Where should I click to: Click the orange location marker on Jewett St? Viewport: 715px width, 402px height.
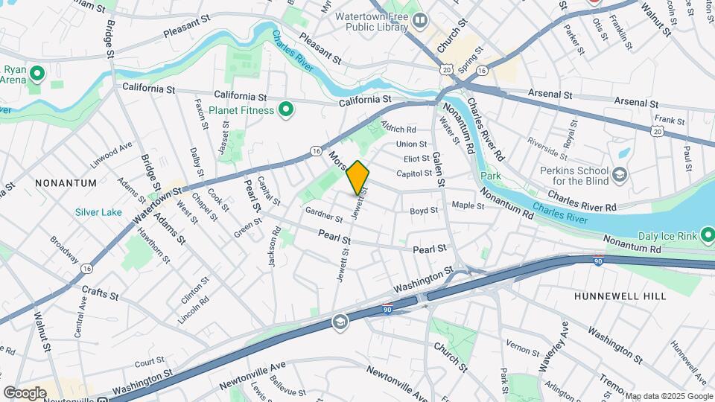[x=357, y=177]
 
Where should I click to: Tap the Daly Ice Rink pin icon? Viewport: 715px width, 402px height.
[x=708, y=236]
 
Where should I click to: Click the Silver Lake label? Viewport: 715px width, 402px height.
[x=98, y=212]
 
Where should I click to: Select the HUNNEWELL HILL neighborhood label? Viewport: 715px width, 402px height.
[x=620, y=296]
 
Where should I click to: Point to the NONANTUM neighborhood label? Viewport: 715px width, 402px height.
[x=65, y=182]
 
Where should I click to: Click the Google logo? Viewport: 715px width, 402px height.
[x=25, y=392]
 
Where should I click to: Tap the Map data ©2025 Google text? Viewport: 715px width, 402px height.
[x=668, y=396]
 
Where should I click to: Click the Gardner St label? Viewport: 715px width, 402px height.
[x=322, y=214]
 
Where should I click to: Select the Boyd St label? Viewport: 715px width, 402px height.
[x=424, y=211]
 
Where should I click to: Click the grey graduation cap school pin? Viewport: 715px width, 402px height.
[x=340, y=321]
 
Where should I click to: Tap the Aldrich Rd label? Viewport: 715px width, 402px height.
[x=398, y=129]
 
